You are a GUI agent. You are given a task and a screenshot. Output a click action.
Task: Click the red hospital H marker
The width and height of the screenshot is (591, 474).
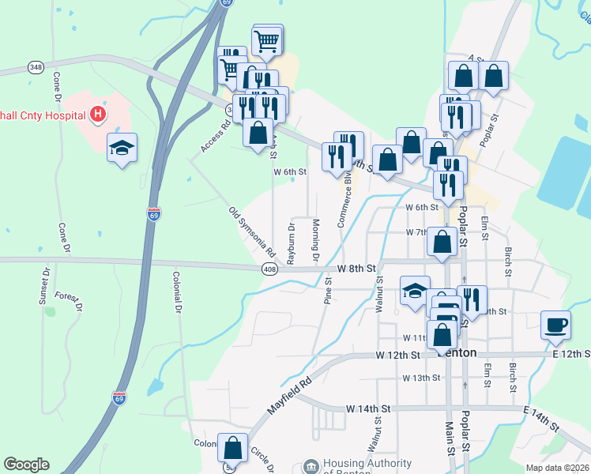[98, 115]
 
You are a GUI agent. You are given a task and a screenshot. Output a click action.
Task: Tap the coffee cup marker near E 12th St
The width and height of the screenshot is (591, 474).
[555, 324]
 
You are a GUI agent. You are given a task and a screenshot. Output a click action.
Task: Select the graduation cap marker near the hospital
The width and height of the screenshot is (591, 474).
[121, 149]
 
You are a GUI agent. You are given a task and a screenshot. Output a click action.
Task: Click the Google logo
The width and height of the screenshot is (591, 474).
[26, 465]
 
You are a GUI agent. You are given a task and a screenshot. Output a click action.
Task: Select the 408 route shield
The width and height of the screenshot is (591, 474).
[269, 269]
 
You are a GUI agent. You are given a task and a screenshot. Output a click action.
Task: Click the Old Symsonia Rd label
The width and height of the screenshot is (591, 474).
[251, 232]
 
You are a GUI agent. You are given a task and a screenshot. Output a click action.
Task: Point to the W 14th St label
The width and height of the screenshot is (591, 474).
[369, 408]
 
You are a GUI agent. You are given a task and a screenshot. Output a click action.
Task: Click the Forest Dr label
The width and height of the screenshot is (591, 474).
[69, 301]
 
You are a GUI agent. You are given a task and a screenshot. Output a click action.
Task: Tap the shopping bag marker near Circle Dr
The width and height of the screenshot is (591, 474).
[234, 448]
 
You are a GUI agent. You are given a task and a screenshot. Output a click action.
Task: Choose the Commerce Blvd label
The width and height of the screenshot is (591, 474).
[344, 200]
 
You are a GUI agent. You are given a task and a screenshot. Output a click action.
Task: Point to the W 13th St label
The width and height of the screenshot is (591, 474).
[420, 378]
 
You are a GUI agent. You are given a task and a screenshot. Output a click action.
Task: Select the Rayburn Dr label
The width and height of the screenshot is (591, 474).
[291, 243]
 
